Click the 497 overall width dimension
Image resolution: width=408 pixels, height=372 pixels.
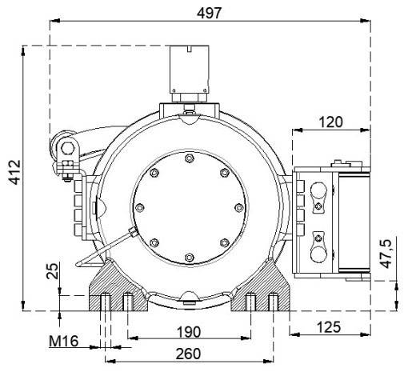pos(209,13)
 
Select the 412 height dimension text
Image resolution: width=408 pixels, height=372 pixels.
pos(14,172)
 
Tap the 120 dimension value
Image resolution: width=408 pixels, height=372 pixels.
pos(330,122)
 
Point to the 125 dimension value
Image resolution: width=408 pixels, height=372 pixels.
pos(329,326)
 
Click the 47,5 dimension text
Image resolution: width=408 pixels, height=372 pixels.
pos(386,254)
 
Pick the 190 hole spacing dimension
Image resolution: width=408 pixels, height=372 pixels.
pos(189,332)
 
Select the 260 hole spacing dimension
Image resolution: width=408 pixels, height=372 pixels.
pos(188,354)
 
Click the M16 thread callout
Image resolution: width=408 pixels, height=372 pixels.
pos(64,341)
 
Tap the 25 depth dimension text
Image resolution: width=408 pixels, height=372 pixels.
pos(52,271)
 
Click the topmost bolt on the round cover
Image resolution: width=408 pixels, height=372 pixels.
pos(189,158)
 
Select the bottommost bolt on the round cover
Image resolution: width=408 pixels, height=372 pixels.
pos(189,258)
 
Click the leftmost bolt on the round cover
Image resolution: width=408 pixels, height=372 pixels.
pos(140,208)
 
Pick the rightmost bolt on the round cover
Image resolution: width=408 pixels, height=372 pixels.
pos(238,208)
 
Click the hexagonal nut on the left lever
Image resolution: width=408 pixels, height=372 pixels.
pos(68,149)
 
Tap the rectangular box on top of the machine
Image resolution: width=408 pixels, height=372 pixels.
pos(190,70)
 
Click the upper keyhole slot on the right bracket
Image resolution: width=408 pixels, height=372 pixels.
pos(318,198)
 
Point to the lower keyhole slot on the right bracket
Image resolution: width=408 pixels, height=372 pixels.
pos(318,246)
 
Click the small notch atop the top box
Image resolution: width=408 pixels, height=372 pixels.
pos(190,49)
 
